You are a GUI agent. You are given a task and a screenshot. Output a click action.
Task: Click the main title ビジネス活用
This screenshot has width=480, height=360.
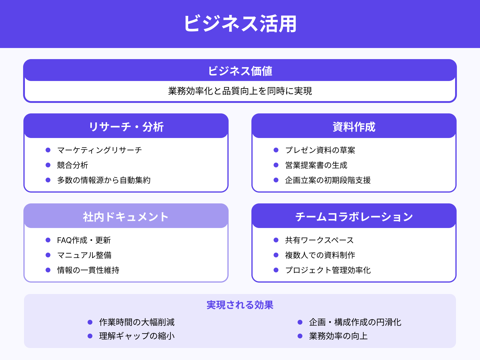(x=240, y=24)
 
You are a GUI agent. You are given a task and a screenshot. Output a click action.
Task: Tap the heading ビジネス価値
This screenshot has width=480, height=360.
(x=240, y=71)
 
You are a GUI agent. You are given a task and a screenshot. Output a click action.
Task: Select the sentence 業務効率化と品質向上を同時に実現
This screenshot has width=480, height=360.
(x=240, y=91)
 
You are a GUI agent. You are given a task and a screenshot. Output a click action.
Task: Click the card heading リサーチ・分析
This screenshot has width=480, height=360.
(x=126, y=127)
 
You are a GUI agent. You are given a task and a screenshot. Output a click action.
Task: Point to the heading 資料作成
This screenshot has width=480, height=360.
(x=354, y=127)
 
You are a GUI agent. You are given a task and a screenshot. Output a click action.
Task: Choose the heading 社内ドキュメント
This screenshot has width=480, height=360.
(x=126, y=217)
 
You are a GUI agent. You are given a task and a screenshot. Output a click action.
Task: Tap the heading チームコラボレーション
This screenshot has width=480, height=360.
(x=354, y=217)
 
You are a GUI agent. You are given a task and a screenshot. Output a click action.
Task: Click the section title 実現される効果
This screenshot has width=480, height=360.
(x=240, y=305)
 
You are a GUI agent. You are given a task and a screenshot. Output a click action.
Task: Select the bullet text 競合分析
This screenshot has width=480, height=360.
(x=73, y=165)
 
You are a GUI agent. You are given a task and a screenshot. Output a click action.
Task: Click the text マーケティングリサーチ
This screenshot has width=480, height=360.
(x=99, y=150)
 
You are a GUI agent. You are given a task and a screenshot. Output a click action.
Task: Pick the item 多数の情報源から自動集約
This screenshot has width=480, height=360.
(x=104, y=180)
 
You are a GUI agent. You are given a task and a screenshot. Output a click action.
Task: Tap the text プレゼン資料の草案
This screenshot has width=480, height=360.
(x=320, y=150)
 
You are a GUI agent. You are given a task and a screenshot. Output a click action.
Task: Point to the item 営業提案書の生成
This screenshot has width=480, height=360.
(x=316, y=165)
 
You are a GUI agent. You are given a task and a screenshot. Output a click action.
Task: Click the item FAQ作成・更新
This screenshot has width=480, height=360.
(x=84, y=240)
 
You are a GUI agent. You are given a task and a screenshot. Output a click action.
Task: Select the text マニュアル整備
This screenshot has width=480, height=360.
(x=84, y=255)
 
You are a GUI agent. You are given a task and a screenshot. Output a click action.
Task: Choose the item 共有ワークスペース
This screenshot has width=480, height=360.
(x=319, y=240)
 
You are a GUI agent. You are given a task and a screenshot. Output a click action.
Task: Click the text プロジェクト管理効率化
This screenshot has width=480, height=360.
(x=328, y=270)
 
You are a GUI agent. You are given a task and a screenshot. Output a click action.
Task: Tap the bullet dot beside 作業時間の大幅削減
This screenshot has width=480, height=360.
(x=90, y=322)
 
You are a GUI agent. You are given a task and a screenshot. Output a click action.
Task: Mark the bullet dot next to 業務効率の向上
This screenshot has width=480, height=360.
(x=300, y=336)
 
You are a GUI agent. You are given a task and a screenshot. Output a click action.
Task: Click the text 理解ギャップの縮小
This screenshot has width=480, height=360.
(x=137, y=336)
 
